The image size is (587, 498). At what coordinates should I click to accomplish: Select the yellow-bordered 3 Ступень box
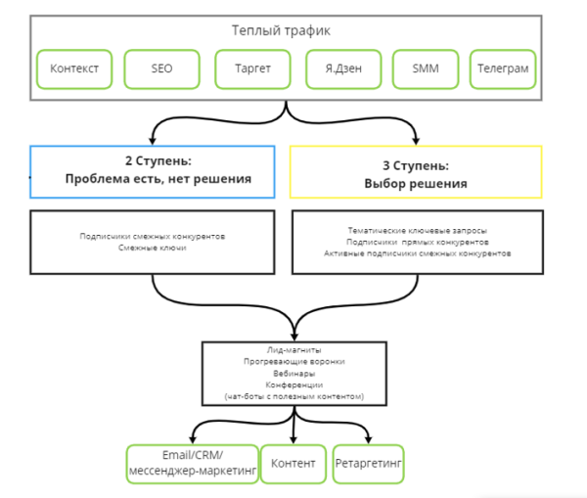(416, 171)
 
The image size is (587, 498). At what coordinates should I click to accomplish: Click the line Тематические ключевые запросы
(417, 229)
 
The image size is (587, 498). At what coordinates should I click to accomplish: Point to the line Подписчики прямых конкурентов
(417, 241)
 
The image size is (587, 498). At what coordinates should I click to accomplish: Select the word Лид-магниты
(293, 349)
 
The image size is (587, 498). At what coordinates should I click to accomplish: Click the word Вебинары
(293, 373)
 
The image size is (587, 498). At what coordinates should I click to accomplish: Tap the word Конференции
(293, 385)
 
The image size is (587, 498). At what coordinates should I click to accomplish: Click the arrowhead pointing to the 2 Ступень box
(153, 139)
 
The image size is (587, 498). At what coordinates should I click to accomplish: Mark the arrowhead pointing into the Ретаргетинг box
(368, 438)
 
